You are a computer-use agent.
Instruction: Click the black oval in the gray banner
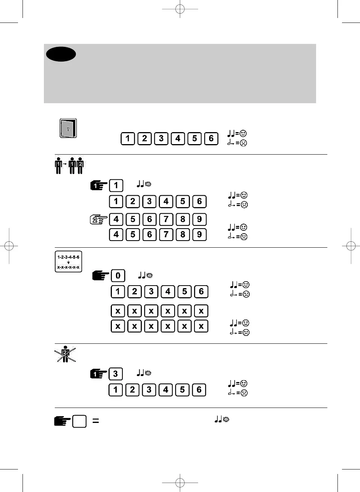click(x=61, y=54)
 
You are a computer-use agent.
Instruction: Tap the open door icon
click(x=68, y=128)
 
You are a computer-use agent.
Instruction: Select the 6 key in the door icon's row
click(x=211, y=138)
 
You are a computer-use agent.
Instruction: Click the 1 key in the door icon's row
click(x=128, y=138)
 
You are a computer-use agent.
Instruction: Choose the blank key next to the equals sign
click(x=79, y=421)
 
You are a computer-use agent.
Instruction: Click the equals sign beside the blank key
click(x=96, y=421)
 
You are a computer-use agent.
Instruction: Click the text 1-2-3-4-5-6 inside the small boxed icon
click(x=68, y=257)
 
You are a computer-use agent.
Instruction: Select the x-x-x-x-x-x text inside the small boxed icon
click(x=68, y=268)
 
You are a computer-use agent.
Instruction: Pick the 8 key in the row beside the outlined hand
click(x=183, y=220)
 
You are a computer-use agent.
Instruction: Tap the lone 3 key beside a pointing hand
click(x=116, y=374)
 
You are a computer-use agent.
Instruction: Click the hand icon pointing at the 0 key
click(x=101, y=276)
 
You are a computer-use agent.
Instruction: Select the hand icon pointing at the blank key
click(x=62, y=421)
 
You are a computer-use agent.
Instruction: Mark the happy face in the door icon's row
click(x=243, y=134)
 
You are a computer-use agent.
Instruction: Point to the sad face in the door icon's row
click(x=243, y=143)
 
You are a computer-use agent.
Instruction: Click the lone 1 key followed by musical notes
click(x=116, y=185)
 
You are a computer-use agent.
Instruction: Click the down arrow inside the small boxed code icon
click(x=68, y=263)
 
